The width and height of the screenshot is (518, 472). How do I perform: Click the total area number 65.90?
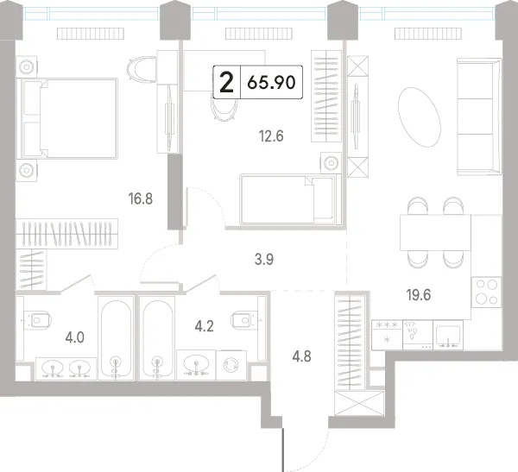[271, 82]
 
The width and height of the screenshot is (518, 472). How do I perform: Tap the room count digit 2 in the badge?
[226, 82]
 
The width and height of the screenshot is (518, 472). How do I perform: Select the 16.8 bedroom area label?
[141, 199]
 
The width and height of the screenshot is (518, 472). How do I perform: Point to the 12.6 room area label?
[271, 136]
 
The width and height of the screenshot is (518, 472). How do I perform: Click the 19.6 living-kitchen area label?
[419, 295]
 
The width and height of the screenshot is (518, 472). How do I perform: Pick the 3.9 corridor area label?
[264, 260]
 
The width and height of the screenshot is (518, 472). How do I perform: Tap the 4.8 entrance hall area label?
[301, 356]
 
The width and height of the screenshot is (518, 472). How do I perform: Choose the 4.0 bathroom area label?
[75, 338]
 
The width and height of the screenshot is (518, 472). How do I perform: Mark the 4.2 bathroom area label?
[204, 327]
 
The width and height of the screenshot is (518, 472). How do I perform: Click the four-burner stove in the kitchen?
[486, 292]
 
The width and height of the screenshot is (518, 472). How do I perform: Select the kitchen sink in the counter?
[448, 336]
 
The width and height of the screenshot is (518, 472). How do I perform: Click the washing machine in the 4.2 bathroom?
[231, 365]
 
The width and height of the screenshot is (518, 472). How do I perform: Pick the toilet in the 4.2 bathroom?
[245, 320]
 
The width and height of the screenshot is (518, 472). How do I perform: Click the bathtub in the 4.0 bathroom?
[116, 338]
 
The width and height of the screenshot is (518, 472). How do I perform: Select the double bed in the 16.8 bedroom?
[69, 118]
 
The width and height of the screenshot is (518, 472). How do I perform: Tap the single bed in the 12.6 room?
[291, 199]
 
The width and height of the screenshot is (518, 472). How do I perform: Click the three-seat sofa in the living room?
[479, 116]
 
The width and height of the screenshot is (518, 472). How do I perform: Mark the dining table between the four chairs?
[435, 232]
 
